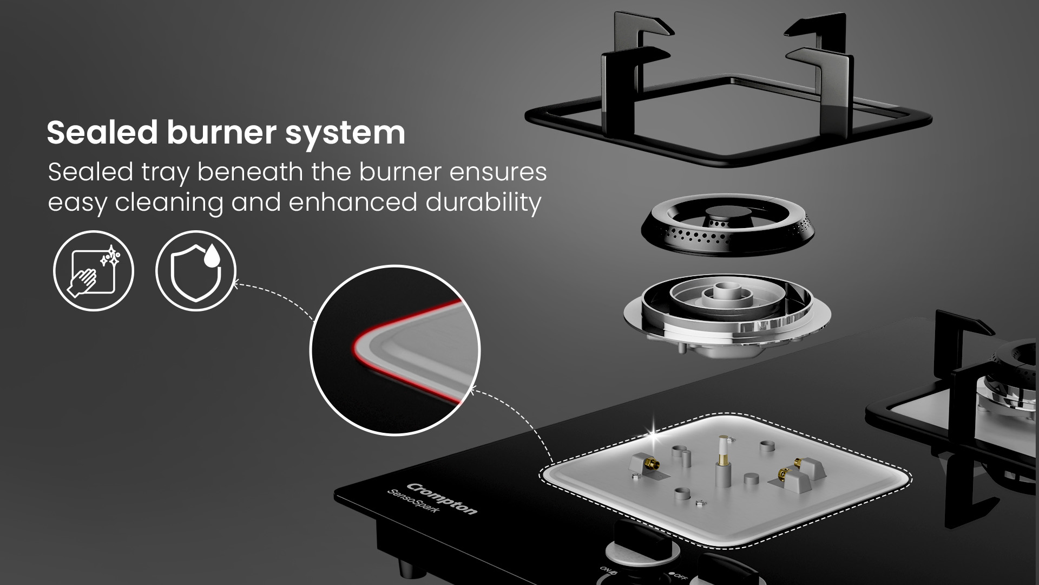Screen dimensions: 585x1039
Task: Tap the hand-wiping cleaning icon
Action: pyautogui.click(x=93, y=270)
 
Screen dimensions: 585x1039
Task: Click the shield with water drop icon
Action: pyautogui.click(x=196, y=270)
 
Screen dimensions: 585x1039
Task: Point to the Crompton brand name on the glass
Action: pyautogui.click(x=442, y=499)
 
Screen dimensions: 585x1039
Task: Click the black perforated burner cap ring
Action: pyautogui.click(x=720, y=227)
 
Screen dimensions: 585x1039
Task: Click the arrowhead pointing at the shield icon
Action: pyautogui.click(x=234, y=282)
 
